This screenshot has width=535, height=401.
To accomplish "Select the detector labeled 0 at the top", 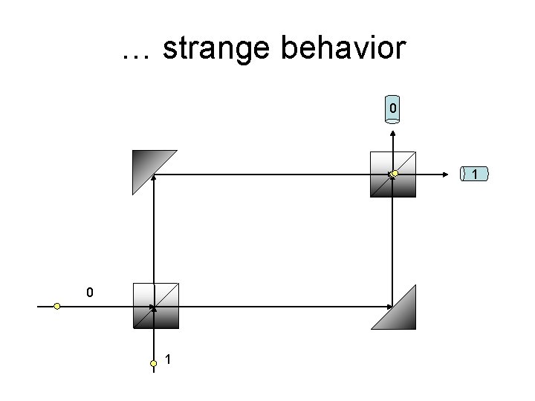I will click(393, 108).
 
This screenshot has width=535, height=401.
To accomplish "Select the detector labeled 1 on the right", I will click(474, 174).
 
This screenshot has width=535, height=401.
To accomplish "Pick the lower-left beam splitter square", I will click(155, 305).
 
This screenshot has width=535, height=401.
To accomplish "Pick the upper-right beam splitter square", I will click(392, 174).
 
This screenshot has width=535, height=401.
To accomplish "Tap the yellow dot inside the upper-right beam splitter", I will click(395, 174).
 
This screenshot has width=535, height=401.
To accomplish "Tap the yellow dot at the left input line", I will click(57, 306).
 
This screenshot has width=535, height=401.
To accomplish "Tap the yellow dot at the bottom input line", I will click(153, 363).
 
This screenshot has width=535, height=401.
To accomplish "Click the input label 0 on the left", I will click(89, 293).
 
